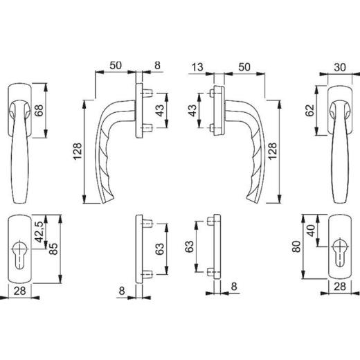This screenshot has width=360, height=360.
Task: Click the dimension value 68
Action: point(39,110)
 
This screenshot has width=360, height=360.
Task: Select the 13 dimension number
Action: point(197,67)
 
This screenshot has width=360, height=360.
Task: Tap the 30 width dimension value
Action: point(340,67)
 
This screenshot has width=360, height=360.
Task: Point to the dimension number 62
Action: point(310,110)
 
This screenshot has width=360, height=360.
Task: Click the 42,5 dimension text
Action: point(39,232)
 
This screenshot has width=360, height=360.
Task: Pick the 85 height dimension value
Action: point(54,249)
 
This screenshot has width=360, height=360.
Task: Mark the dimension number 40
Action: point(312,231)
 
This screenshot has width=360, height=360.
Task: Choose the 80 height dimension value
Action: point(297,246)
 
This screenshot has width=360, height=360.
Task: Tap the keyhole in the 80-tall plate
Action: point(339,252)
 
